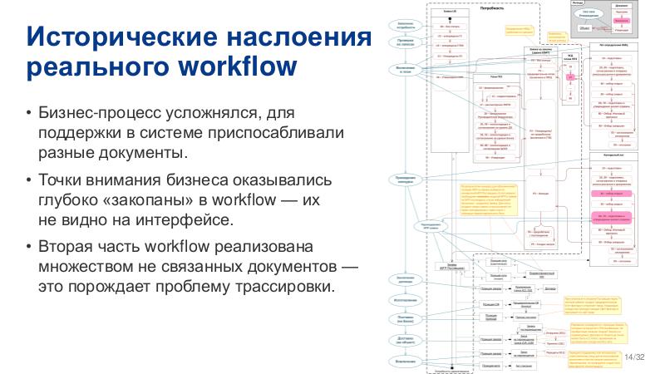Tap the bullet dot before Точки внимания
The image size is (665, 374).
[x=29, y=181]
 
